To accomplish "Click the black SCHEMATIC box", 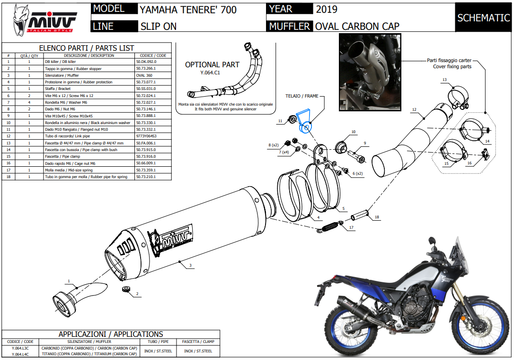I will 483,18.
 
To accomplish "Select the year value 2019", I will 327,9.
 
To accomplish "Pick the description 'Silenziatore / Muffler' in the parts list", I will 62,75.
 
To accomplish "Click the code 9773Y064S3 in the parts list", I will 147,136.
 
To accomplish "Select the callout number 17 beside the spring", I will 351,228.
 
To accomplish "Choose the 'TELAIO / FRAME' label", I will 301,96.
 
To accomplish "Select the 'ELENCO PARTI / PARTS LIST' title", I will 86,48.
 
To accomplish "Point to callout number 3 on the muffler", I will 190,266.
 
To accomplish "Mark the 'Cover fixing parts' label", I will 452,67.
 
